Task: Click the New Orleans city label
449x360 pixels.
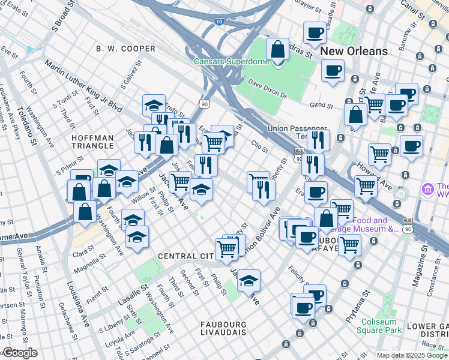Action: (x=354, y=51)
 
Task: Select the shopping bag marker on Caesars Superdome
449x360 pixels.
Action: (x=277, y=50)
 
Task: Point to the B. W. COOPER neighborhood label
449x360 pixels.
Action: (x=121, y=48)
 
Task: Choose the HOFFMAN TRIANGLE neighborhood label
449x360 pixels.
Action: (x=92, y=142)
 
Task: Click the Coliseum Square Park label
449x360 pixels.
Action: (x=379, y=326)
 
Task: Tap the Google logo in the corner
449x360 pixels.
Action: (x=20, y=353)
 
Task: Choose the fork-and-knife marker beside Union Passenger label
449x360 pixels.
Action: (x=318, y=140)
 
